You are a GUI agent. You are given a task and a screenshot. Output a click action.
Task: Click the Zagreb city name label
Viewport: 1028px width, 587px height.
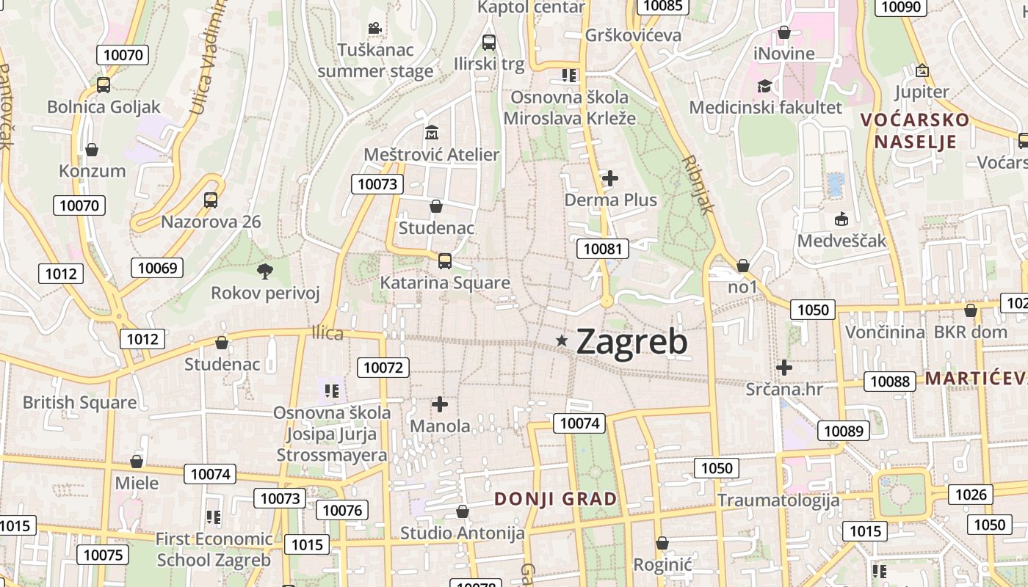(631, 341)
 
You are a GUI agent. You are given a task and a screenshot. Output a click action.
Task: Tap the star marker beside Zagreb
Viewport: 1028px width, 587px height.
(562, 340)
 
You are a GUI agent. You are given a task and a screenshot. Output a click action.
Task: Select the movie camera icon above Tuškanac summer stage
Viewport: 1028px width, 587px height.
(374, 29)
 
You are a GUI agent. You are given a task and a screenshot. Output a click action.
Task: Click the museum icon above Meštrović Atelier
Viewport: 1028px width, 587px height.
(432, 133)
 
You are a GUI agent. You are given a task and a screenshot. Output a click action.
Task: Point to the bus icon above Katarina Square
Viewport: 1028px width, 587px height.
(444, 260)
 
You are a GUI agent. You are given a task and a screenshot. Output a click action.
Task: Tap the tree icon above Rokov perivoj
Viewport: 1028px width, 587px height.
(265, 271)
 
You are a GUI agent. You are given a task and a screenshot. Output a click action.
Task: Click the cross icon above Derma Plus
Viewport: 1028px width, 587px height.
(610, 178)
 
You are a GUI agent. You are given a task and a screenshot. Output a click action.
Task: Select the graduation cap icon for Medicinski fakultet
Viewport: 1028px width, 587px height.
(764, 86)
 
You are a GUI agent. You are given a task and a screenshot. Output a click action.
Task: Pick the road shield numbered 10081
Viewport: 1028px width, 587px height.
(603, 249)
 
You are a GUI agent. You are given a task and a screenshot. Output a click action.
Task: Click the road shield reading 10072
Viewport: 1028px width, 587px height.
(384, 367)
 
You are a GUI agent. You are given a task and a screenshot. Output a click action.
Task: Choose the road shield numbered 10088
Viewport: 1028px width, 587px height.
(890, 382)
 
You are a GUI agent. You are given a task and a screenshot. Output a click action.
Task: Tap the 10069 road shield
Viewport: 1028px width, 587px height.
(157, 268)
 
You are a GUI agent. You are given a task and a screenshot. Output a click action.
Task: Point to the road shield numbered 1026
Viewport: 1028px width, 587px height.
(971, 495)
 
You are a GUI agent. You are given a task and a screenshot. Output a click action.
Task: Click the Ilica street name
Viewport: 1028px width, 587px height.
(327, 334)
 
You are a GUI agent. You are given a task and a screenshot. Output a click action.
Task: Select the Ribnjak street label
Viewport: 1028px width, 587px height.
(698, 184)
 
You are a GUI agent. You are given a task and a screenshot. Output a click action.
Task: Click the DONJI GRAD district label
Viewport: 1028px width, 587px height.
(555, 500)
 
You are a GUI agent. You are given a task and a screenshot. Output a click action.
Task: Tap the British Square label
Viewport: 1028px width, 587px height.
(79, 403)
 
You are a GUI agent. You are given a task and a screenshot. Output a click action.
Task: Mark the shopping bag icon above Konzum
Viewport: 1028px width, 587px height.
(92, 150)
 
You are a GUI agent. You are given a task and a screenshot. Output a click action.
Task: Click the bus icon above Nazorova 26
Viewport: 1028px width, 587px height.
(211, 200)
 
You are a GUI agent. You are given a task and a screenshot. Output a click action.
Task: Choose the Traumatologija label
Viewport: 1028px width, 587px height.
(778, 501)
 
